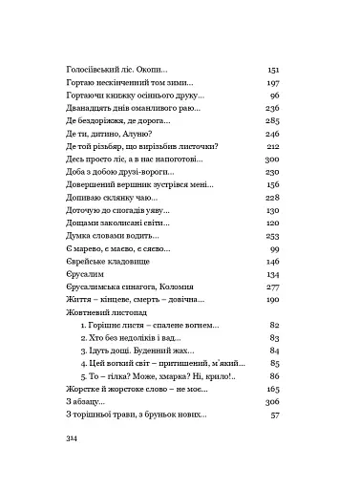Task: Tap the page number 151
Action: click(272, 71)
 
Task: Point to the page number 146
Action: click(272, 259)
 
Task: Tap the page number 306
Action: click(272, 402)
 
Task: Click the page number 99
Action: click(274, 245)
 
